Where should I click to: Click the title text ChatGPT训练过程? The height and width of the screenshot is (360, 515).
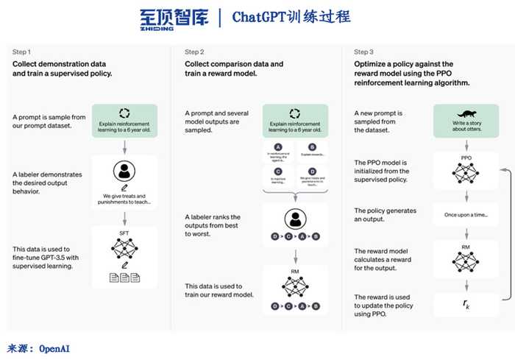(x=291, y=17)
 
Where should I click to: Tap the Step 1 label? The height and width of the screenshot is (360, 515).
(x=21, y=52)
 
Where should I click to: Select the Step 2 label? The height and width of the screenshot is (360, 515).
(x=194, y=52)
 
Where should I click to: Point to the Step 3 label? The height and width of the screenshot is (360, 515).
(x=363, y=52)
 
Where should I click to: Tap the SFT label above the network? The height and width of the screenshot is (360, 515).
(x=124, y=233)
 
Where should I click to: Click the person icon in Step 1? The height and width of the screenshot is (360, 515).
(x=124, y=172)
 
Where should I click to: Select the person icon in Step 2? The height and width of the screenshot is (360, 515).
(x=295, y=219)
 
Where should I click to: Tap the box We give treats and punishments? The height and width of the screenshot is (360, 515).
(x=124, y=197)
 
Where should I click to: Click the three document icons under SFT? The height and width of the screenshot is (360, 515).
(x=124, y=278)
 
